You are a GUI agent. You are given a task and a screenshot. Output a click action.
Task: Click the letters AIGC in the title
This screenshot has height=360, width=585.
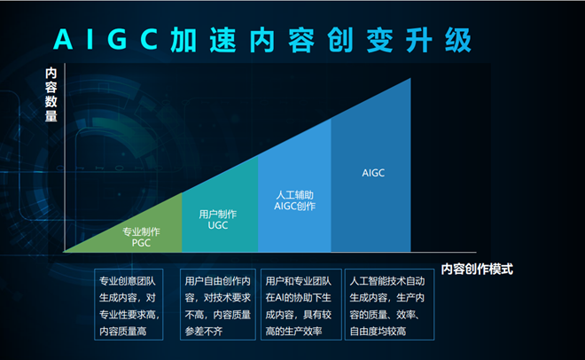(105, 39)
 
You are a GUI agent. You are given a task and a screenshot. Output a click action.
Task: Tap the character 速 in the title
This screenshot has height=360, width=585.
(222, 40)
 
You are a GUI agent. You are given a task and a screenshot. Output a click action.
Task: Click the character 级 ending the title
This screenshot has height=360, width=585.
(457, 40)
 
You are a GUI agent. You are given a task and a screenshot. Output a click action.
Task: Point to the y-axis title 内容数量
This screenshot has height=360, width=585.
(51, 94)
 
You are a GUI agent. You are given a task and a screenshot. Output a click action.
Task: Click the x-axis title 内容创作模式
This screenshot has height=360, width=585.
(477, 269)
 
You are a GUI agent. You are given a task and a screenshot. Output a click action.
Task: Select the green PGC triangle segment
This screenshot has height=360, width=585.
(149, 231)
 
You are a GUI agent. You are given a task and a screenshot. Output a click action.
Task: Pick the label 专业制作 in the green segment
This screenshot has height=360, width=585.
(141, 231)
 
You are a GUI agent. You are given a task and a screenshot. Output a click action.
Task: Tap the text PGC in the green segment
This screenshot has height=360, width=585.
(141, 243)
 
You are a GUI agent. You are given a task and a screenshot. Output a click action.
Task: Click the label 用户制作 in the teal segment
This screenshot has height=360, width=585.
(217, 214)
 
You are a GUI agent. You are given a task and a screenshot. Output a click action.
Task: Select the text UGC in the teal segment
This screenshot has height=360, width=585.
(217, 225)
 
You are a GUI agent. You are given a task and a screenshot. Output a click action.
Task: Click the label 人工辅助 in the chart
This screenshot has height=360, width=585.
(295, 195)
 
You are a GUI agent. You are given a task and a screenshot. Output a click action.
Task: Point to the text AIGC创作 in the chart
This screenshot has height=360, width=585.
(295, 206)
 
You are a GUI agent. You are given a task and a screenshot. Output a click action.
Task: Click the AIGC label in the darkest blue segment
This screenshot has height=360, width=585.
(373, 173)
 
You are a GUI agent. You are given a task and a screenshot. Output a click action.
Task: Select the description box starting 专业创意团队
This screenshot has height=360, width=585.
(129, 304)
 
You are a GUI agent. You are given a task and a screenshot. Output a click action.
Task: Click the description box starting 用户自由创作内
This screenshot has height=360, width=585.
(218, 304)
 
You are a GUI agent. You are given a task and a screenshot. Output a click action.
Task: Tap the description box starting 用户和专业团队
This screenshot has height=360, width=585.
(301, 304)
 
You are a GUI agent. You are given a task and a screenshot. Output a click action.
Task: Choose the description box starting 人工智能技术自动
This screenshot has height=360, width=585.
(389, 304)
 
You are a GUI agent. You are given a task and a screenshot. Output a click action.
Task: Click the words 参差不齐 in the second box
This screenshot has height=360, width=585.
(204, 332)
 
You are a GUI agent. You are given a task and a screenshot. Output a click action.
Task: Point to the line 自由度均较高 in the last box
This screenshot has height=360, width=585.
(378, 332)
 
